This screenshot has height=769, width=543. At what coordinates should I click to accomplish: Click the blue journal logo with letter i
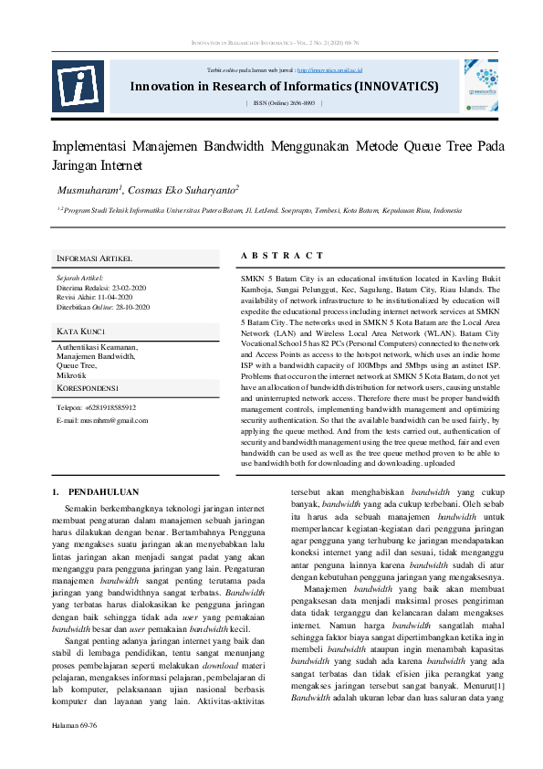tap(77, 86)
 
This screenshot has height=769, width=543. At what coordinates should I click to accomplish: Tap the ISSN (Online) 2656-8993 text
tap(284, 103)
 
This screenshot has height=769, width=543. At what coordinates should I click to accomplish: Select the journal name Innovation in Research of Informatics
tap(284, 87)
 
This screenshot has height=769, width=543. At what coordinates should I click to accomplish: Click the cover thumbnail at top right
tap(480, 85)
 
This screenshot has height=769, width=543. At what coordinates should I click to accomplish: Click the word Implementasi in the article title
tap(89, 146)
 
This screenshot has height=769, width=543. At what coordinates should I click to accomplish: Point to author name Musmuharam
tap(89, 189)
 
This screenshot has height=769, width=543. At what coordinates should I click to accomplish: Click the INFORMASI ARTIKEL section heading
tap(94, 258)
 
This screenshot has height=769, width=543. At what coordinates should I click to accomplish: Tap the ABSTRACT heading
tap(281, 256)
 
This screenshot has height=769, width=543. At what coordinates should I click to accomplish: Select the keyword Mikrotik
tap(71, 374)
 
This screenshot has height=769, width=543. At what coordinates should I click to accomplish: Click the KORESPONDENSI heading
tap(94, 388)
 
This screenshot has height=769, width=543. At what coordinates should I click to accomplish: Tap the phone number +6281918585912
tap(110, 407)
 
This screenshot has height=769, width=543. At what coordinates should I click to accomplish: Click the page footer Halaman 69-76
tap(74, 751)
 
